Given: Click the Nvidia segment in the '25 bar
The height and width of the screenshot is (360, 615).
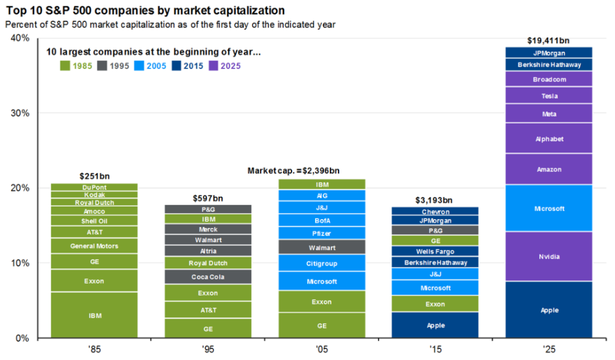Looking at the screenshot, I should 549,256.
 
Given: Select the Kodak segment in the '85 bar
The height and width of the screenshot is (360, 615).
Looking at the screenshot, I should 94,194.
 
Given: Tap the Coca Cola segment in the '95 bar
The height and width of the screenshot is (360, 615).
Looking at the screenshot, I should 208,276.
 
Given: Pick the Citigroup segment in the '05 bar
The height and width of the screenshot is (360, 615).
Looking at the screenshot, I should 322,263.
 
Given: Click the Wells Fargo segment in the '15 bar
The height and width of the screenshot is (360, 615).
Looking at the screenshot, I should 435,251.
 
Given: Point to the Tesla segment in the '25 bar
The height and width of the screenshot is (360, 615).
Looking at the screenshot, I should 549,95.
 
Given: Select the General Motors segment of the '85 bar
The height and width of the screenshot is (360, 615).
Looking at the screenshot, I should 94,246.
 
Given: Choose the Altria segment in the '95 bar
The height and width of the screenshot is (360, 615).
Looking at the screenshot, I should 208,251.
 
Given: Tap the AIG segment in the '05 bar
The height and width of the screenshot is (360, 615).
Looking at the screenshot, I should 322,195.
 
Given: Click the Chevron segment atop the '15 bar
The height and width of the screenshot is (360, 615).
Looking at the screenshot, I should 435,212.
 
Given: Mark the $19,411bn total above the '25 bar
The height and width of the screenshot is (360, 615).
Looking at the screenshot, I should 549,40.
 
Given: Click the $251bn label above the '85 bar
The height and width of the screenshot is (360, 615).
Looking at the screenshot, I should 94,176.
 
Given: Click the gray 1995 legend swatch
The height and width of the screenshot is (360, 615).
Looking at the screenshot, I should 101,66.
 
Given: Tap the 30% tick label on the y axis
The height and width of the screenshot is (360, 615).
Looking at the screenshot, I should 21,113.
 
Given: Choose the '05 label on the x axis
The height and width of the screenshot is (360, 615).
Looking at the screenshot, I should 322,348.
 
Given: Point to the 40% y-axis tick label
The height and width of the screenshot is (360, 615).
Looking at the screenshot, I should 21,38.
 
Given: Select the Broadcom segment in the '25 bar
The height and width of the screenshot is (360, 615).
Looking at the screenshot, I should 549,79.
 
